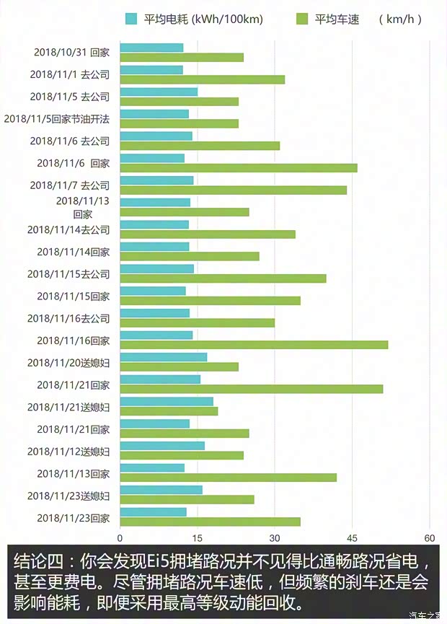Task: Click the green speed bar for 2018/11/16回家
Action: (x=254, y=345)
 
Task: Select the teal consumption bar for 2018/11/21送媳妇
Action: (x=167, y=402)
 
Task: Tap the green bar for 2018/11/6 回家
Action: (x=239, y=168)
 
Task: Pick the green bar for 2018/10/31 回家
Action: (x=182, y=57)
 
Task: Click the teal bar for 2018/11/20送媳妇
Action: (x=164, y=357)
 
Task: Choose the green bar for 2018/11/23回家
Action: (x=210, y=522)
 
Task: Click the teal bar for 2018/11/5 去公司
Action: (x=159, y=92)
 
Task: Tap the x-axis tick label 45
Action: (x=352, y=538)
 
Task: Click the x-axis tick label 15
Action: (x=197, y=538)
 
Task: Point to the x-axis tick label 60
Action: (x=429, y=538)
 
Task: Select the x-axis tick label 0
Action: (x=120, y=538)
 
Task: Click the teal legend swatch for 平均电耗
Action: (x=131, y=19)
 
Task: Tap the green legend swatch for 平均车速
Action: (x=302, y=19)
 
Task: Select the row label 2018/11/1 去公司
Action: (x=69, y=74)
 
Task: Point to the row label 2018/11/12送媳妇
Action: (x=68, y=452)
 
